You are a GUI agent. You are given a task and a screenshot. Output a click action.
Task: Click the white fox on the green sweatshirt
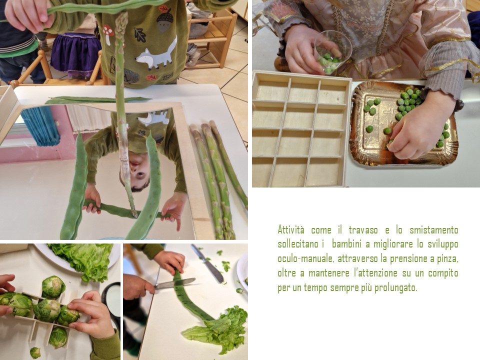tap(157, 54)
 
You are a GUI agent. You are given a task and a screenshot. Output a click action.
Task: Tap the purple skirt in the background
tap(75, 54)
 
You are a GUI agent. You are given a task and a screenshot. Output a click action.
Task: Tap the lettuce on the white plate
tap(81, 258)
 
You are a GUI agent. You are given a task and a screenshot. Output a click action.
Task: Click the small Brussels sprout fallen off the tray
tap(35, 352)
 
